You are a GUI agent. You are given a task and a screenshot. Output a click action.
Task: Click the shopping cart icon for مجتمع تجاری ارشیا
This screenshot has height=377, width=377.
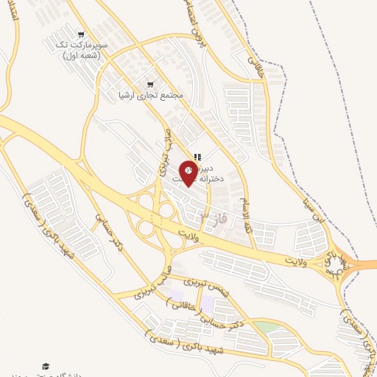151,83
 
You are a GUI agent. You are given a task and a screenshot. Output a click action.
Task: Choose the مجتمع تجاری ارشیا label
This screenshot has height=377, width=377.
150,95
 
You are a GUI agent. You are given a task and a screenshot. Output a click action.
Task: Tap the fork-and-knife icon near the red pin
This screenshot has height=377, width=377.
197,156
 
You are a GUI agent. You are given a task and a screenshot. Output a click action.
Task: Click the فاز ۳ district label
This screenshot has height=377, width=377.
214,216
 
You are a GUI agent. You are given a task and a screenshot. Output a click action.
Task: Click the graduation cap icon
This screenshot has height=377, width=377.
46,366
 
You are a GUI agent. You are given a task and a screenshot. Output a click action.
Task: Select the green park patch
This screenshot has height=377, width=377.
267,326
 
